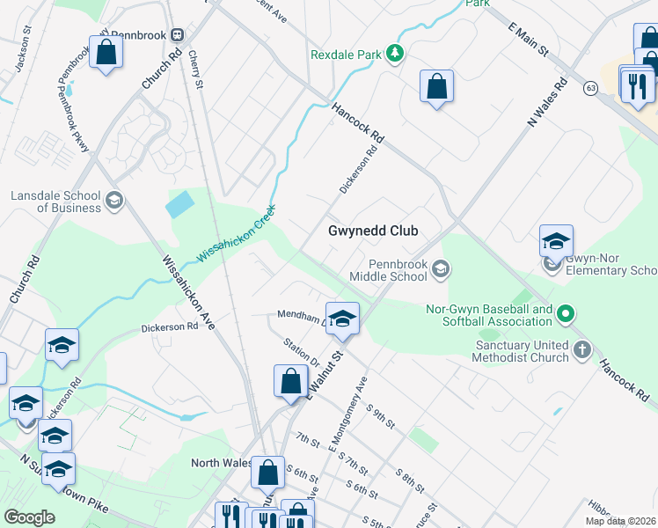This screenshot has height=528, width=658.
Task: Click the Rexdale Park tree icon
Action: (396, 54)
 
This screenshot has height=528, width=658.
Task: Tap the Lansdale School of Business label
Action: (56, 202)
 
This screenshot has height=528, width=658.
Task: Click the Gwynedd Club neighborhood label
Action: (372, 231)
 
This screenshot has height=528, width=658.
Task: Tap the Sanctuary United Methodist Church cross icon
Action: (581, 351)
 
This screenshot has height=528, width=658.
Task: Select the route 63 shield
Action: (590, 88)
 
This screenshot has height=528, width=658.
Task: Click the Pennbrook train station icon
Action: (177, 34)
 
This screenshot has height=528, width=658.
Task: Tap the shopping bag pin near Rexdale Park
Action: (436, 86)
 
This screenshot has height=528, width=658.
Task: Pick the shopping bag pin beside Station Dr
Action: (290, 381)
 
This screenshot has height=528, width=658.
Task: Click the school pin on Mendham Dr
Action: (343, 318)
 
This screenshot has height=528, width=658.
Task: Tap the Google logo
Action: (30, 517)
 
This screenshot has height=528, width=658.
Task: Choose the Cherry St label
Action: (195, 70)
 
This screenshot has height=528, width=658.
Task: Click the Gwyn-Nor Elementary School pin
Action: (556, 242)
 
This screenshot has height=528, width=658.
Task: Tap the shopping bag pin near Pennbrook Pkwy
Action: (106, 52)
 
